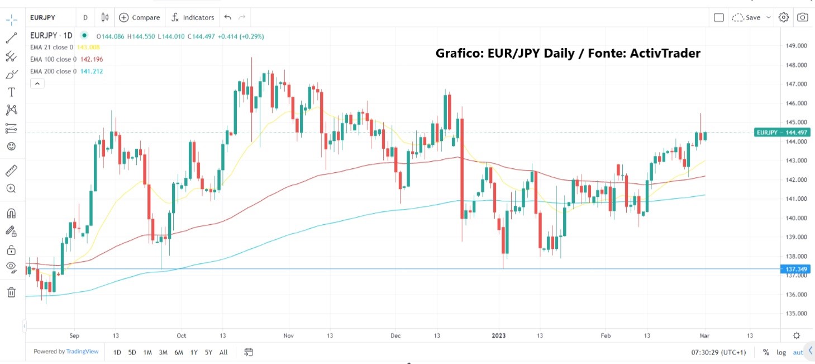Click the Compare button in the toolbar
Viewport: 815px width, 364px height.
pos(139,17)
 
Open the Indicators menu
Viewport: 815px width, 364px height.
pos(193,17)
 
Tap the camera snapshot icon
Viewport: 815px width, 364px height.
pos(802,17)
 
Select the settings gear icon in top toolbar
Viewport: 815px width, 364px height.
pos(783,17)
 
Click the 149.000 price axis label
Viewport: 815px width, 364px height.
pos(796,46)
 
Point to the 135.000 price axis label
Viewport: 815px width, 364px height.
pos(796,314)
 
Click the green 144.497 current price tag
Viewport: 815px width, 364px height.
pos(782,133)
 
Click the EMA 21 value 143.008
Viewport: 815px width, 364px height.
pos(88,48)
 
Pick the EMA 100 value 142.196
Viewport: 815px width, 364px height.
pos(92,59)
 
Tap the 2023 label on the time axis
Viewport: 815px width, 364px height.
pos(498,335)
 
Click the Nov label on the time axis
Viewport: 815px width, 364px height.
pos(288,335)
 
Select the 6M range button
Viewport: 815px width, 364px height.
pos(178,352)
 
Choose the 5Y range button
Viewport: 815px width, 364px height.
pos(208,352)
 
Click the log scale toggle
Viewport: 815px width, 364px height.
pos(781,352)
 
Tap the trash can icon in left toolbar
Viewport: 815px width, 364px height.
pos(11,292)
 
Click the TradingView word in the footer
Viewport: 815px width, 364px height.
pos(83,352)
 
